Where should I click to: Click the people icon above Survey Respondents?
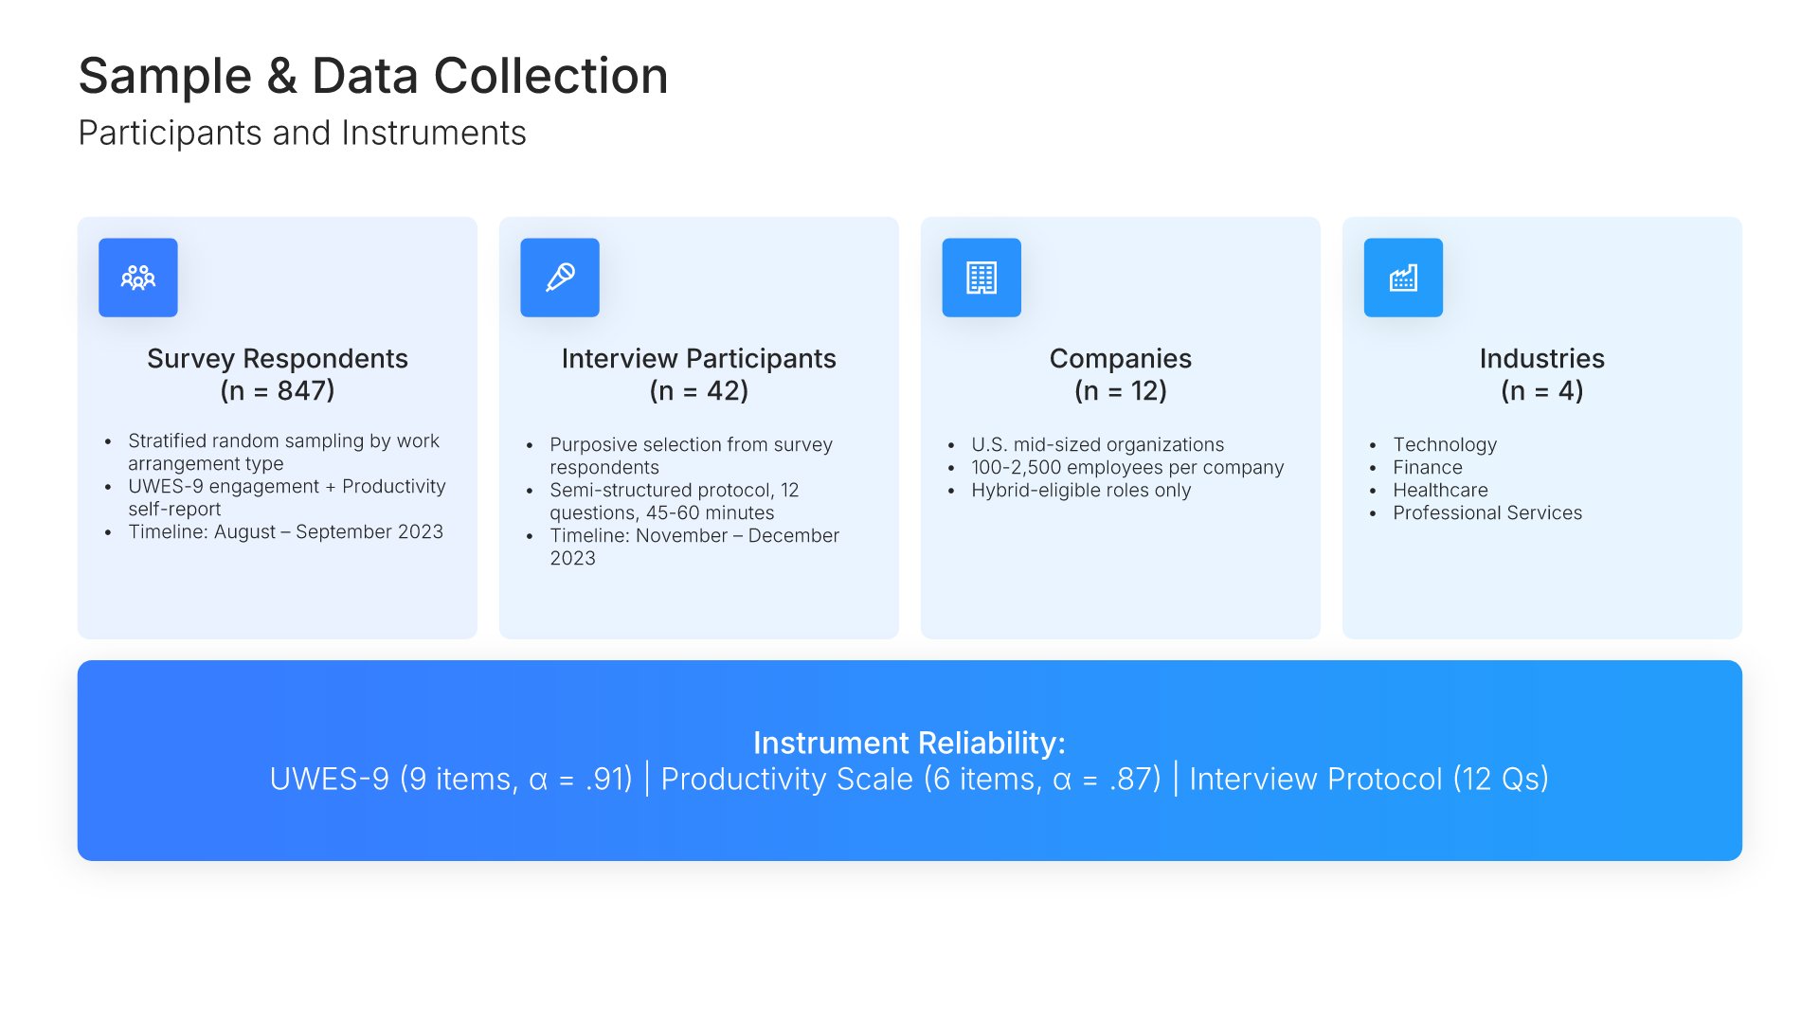coord(138,278)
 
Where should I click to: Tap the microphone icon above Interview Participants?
coord(560,278)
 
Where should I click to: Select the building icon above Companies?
coord(982,278)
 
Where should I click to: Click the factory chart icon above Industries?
coord(1403,278)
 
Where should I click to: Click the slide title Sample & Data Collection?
coord(373,76)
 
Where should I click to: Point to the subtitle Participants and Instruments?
coord(302,134)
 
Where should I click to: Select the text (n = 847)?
coord(278,390)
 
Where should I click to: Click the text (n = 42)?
coord(699,390)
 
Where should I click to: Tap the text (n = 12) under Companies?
coord(1121,390)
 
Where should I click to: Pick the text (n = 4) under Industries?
coord(1542,390)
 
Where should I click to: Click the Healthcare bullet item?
coord(1440,490)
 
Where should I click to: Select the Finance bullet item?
coord(1428,467)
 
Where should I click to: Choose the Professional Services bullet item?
coord(1487,512)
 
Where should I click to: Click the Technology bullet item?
coord(1445,445)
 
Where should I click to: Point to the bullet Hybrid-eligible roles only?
coord(1081,491)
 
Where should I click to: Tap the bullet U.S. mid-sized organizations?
coord(1097,445)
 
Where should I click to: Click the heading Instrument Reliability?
coord(909,743)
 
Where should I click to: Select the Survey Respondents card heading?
coord(278,358)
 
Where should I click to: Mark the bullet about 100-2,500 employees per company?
coord(1127,468)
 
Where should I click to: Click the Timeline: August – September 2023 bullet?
coord(285,531)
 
